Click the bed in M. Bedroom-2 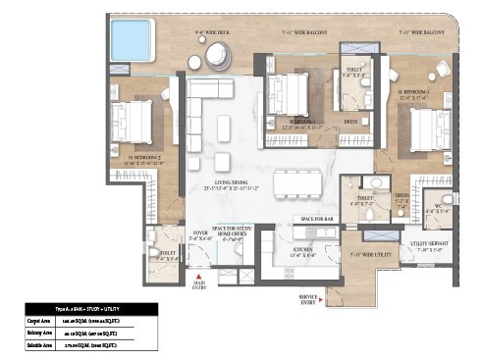134,124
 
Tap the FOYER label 199,232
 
